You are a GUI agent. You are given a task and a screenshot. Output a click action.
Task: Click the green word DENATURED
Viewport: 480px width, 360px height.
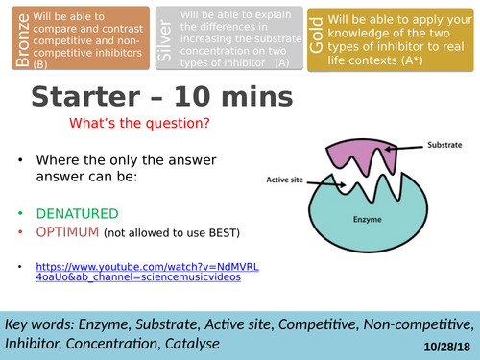pyautogui.click(x=78, y=214)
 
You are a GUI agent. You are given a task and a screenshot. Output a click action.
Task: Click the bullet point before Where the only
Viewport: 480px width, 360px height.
pyautogui.click(x=20, y=160)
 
